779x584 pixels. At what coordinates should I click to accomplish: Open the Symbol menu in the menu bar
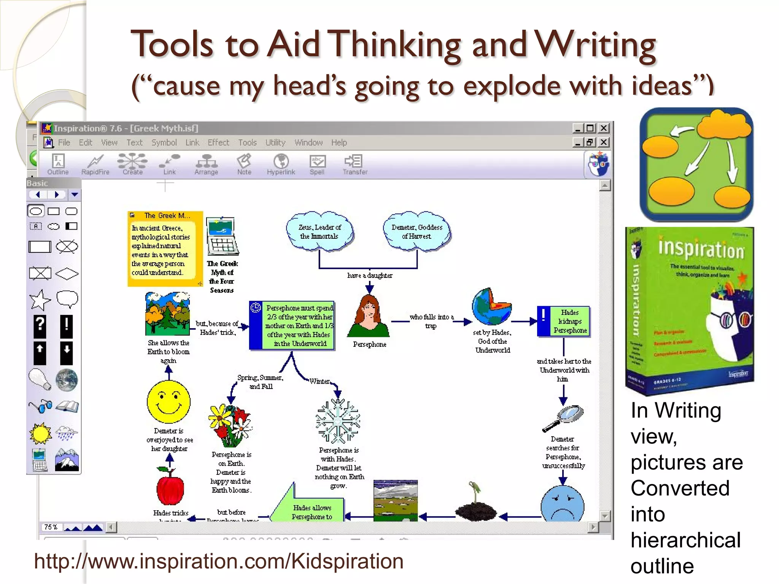click(164, 143)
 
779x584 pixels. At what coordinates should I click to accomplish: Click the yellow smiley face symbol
click(169, 402)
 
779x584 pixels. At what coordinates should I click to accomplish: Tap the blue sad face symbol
click(562, 504)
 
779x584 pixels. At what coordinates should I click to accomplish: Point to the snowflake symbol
click(338, 421)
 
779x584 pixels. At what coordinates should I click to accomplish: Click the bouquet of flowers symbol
click(230, 426)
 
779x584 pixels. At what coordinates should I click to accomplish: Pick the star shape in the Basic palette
click(40, 300)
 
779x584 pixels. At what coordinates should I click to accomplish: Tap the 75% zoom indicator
click(51, 527)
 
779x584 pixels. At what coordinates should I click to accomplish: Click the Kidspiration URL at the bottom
click(219, 562)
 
